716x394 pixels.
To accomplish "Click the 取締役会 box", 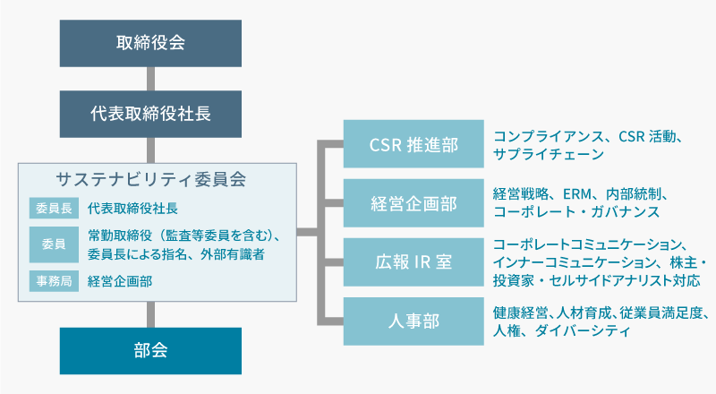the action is pos(150,43).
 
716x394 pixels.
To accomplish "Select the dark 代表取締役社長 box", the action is pos(150,114).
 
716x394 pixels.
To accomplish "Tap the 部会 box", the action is pos(150,351).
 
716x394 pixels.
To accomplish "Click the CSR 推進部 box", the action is pos(413,144).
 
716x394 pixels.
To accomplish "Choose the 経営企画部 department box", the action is pos(413,203).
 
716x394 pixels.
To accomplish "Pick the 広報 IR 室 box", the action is pos(413,261).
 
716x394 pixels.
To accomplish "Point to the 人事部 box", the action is pos(413,321).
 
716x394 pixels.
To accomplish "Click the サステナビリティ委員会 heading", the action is pos(150,179).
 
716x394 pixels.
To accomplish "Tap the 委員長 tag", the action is pos(54,208).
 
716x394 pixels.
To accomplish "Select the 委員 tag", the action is pos(54,244).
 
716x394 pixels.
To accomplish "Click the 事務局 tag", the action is pos(54,280).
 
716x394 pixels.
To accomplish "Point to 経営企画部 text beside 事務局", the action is pos(120,281).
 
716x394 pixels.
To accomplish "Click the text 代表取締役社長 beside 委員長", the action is pos(132,209).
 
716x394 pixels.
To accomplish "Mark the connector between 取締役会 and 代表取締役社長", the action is pos(150,79).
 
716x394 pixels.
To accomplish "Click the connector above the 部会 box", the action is pos(150,314).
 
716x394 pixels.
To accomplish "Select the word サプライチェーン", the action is pos(549,154).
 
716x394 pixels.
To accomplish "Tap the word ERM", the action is pos(576,194).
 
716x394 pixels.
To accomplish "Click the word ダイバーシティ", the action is pos(583,330).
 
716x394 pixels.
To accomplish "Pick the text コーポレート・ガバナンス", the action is pos(576,211).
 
